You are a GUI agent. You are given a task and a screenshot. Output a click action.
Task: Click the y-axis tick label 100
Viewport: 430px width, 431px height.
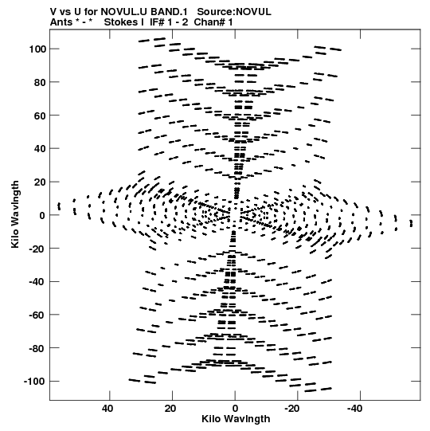coord(37,49)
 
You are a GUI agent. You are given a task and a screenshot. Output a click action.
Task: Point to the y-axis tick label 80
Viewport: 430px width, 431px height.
coord(40,83)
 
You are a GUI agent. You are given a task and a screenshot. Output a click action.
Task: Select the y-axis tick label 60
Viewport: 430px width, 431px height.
coord(40,116)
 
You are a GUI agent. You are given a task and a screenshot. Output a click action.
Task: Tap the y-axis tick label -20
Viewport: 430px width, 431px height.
coord(37,249)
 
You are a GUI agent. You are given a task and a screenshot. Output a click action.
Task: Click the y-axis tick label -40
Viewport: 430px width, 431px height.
coord(37,282)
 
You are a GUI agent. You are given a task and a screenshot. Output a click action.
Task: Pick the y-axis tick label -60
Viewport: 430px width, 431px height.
coord(37,315)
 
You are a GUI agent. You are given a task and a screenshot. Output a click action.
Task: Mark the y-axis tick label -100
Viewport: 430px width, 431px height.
coord(34,382)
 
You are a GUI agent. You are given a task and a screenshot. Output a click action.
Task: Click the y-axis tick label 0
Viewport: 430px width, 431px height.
coord(42,215)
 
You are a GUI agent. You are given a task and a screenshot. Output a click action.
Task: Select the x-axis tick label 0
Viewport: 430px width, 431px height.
coord(235,409)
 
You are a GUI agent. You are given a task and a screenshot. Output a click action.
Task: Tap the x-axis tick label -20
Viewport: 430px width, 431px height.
coord(291,409)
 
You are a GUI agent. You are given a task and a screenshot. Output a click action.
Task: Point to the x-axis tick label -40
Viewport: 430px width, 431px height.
coord(354,409)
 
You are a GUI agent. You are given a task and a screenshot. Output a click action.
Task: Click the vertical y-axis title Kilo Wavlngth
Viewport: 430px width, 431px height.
coord(15,214)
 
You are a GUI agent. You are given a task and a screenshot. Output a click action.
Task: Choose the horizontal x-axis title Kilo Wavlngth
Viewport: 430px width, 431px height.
coord(236,419)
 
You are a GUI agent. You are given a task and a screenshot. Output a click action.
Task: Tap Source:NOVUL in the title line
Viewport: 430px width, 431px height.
coord(234,12)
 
